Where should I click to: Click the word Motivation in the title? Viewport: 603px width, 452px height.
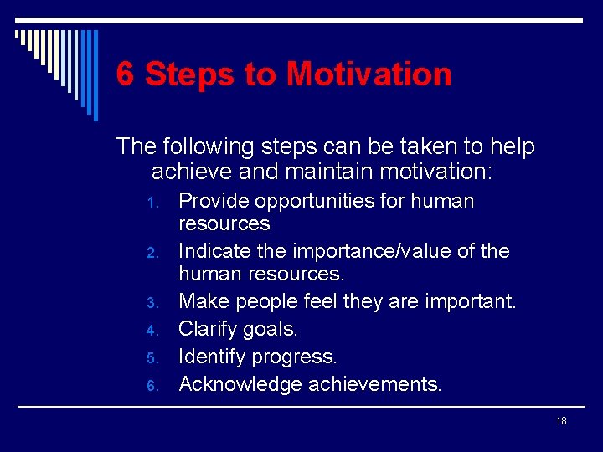368,74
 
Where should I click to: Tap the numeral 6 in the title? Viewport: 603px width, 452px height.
125,74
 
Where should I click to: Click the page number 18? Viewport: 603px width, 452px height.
561,420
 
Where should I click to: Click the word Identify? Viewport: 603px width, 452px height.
214,357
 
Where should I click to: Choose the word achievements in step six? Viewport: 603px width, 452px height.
375,384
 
